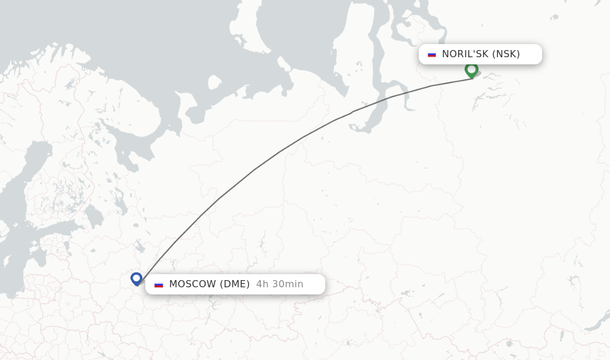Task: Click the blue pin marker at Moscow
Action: pos(136,278)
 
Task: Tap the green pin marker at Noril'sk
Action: pos(471,70)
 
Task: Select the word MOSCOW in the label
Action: pos(193,284)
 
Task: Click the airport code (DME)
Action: pos(235,284)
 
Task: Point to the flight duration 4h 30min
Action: pos(279,284)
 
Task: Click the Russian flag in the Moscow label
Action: pos(158,284)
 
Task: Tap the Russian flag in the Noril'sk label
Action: pos(432,54)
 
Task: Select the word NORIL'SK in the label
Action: pos(465,54)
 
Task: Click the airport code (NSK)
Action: pos(506,54)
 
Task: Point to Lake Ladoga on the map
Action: pos(94,216)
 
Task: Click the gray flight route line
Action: pos(256,169)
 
